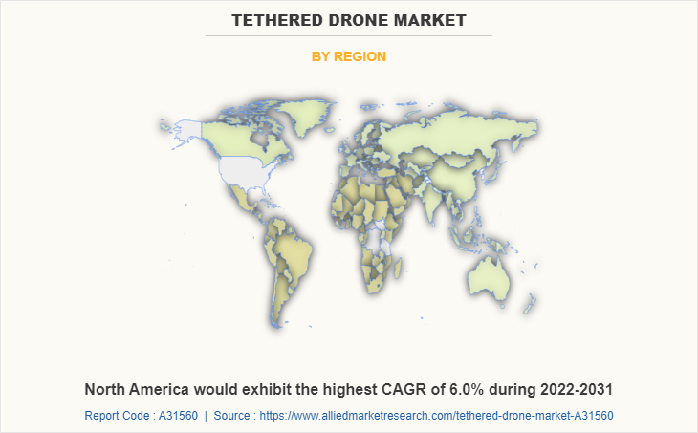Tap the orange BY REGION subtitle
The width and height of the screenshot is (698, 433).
coord(349,56)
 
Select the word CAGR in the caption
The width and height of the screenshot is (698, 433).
coord(401,389)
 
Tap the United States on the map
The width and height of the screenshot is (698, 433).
coord(247,170)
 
